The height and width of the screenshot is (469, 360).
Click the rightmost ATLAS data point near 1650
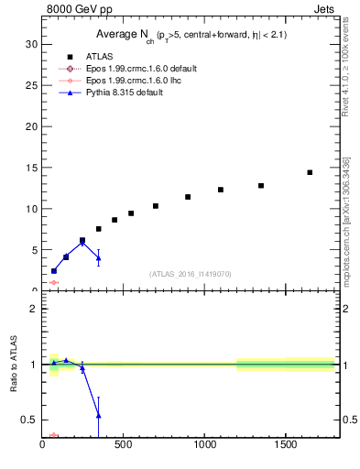click(x=310, y=172)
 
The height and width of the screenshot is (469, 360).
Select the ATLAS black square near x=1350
click(x=261, y=186)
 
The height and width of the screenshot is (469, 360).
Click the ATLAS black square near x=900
click(x=188, y=197)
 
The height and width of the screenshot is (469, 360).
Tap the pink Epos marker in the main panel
click(x=54, y=283)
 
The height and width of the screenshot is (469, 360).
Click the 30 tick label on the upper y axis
click(x=31, y=44)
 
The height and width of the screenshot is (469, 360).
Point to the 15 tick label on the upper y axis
click(x=31, y=168)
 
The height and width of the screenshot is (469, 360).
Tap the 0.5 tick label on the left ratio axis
click(x=28, y=420)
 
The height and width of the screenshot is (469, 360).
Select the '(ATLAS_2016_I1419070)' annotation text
click(x=190, y=273)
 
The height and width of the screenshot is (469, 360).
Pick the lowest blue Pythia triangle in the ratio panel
click(x=98, y=416)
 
